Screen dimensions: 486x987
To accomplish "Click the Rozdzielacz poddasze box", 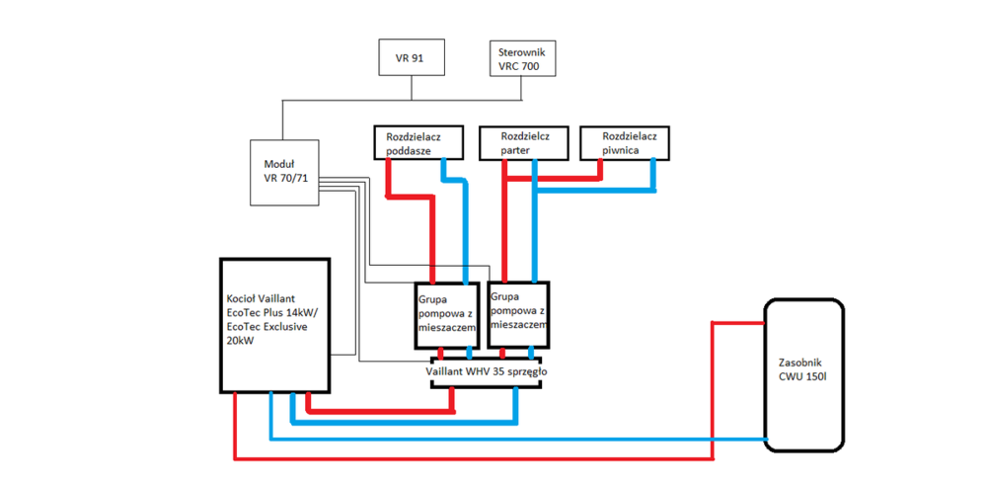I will pyautogui.click(x=418, y=142).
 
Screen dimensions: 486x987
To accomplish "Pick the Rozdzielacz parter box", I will pyautogui.click(x=522, y=142).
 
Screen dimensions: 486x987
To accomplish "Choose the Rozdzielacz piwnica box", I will pyautogui.click(x=625, y=142).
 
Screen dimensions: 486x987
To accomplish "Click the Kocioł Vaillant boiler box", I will pyautogui.click(x=273, y=325).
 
